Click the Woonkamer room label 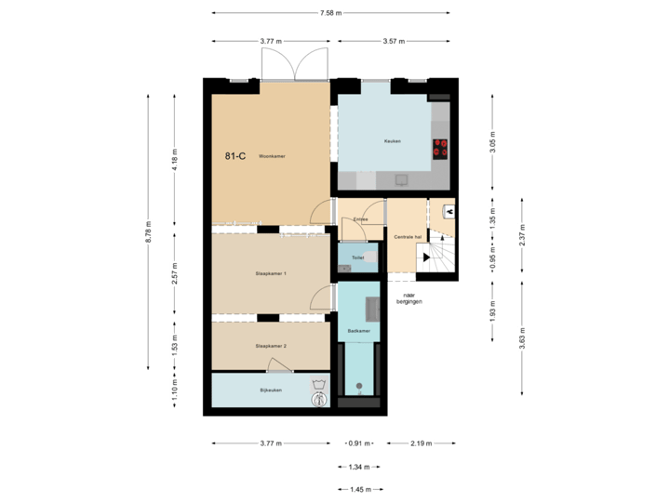click(272, 156)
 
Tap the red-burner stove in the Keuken click(440, 148)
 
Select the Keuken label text click(392, 141)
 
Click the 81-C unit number click(235, 156)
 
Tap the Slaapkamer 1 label click(271, 273)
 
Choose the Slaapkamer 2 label click(271, 346)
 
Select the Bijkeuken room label click(271, 390)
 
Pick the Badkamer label click(358, 330)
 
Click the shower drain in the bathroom click(359, 385)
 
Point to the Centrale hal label click(409, 237)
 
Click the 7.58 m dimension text click(330, 13)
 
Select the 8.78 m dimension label click(148, 232)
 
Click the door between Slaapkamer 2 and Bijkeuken click(279, 365)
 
